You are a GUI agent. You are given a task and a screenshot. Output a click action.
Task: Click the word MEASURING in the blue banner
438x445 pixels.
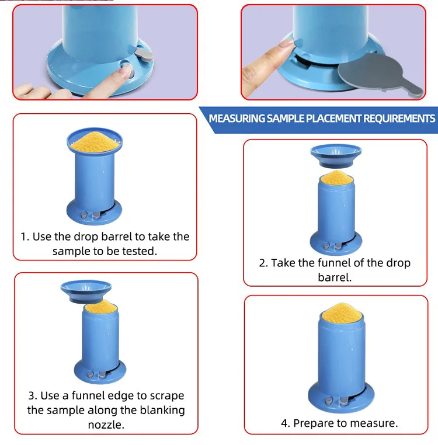coord(237,119)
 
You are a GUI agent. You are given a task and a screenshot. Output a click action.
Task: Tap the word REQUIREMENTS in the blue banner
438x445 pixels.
coord(399,119)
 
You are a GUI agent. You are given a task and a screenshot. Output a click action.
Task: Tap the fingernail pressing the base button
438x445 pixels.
coord(126,71)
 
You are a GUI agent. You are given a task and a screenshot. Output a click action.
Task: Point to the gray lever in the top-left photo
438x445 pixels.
coord(144,54)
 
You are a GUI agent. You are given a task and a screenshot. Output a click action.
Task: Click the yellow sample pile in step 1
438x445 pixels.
coord(95,141)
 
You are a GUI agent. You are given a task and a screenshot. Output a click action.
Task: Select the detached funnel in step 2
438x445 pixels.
coord(336,156)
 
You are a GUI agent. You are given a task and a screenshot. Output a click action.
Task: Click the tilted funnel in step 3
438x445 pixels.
coord(86,291)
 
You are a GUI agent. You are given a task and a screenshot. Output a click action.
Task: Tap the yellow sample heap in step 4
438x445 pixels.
coord(342,313)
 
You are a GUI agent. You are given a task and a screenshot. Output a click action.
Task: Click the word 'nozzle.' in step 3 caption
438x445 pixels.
coord(106,425)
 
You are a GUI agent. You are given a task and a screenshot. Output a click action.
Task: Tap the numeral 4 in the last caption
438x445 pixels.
coord(284,423)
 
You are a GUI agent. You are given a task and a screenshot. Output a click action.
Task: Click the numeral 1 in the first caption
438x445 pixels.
coord(23,237)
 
